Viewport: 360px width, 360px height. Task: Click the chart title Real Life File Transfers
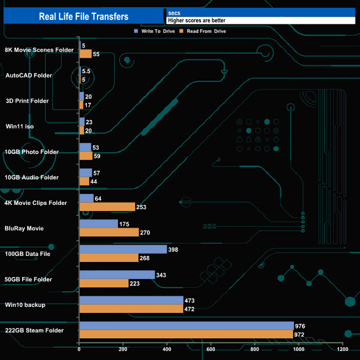pyautogui.click(x=84, y=16)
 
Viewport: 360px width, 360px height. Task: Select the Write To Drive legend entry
pyautogui.click(x=157, y=31)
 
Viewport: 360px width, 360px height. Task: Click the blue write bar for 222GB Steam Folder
pyautogui.click(x=187, y=326)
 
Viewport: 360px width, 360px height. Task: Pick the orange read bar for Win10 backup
pyautogui.click(x=131, y=309)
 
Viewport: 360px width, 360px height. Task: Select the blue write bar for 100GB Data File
pyautogui.click(x=123, y=249)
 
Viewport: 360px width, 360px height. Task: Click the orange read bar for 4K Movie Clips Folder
pyautogui.click(x=107, y=207)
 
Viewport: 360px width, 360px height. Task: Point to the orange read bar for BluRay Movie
pyautogui.click(x=109, y=233)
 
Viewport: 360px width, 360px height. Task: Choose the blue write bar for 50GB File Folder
pyautogui.click(x=117, y=275)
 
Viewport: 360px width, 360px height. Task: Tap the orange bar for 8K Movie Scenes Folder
pyautogui.click(x=86, y=54)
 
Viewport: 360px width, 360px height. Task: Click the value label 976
pyautogui.click(x=301, y=326)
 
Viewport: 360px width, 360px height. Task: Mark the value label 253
pyautogui.click(x=143, y=207)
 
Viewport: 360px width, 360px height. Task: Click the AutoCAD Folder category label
pyautogui.click(x=28, y=75)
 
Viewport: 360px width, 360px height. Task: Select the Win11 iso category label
pyautogui.click(x=19, y=126)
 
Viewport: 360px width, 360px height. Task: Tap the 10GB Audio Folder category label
pyautogui.click(x=32, y=177)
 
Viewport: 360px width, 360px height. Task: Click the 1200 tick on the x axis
pyautogui.click(x=343, y=349)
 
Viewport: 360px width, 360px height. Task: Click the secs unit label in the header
pyautogui.click(x=174, y=12)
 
